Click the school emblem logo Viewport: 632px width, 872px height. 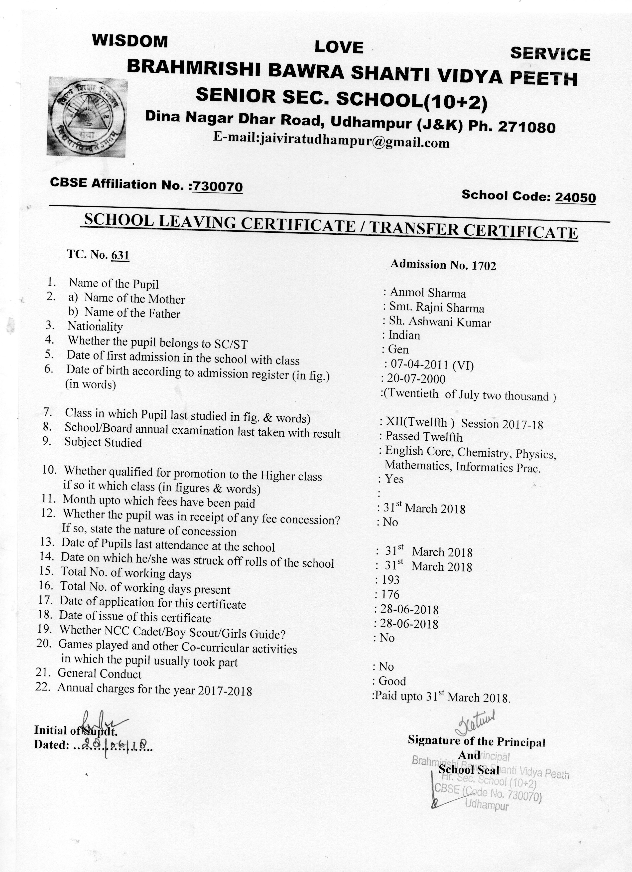pos(87,117)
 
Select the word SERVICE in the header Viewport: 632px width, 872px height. pos(550,54)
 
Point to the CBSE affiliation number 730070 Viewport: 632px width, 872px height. pos(218,186)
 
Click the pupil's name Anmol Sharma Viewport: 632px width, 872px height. pos(428,293)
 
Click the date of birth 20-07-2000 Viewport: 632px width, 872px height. pos(416,379)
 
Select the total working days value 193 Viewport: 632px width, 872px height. pos(390,580)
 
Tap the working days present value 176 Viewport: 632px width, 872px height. pos(390,594)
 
